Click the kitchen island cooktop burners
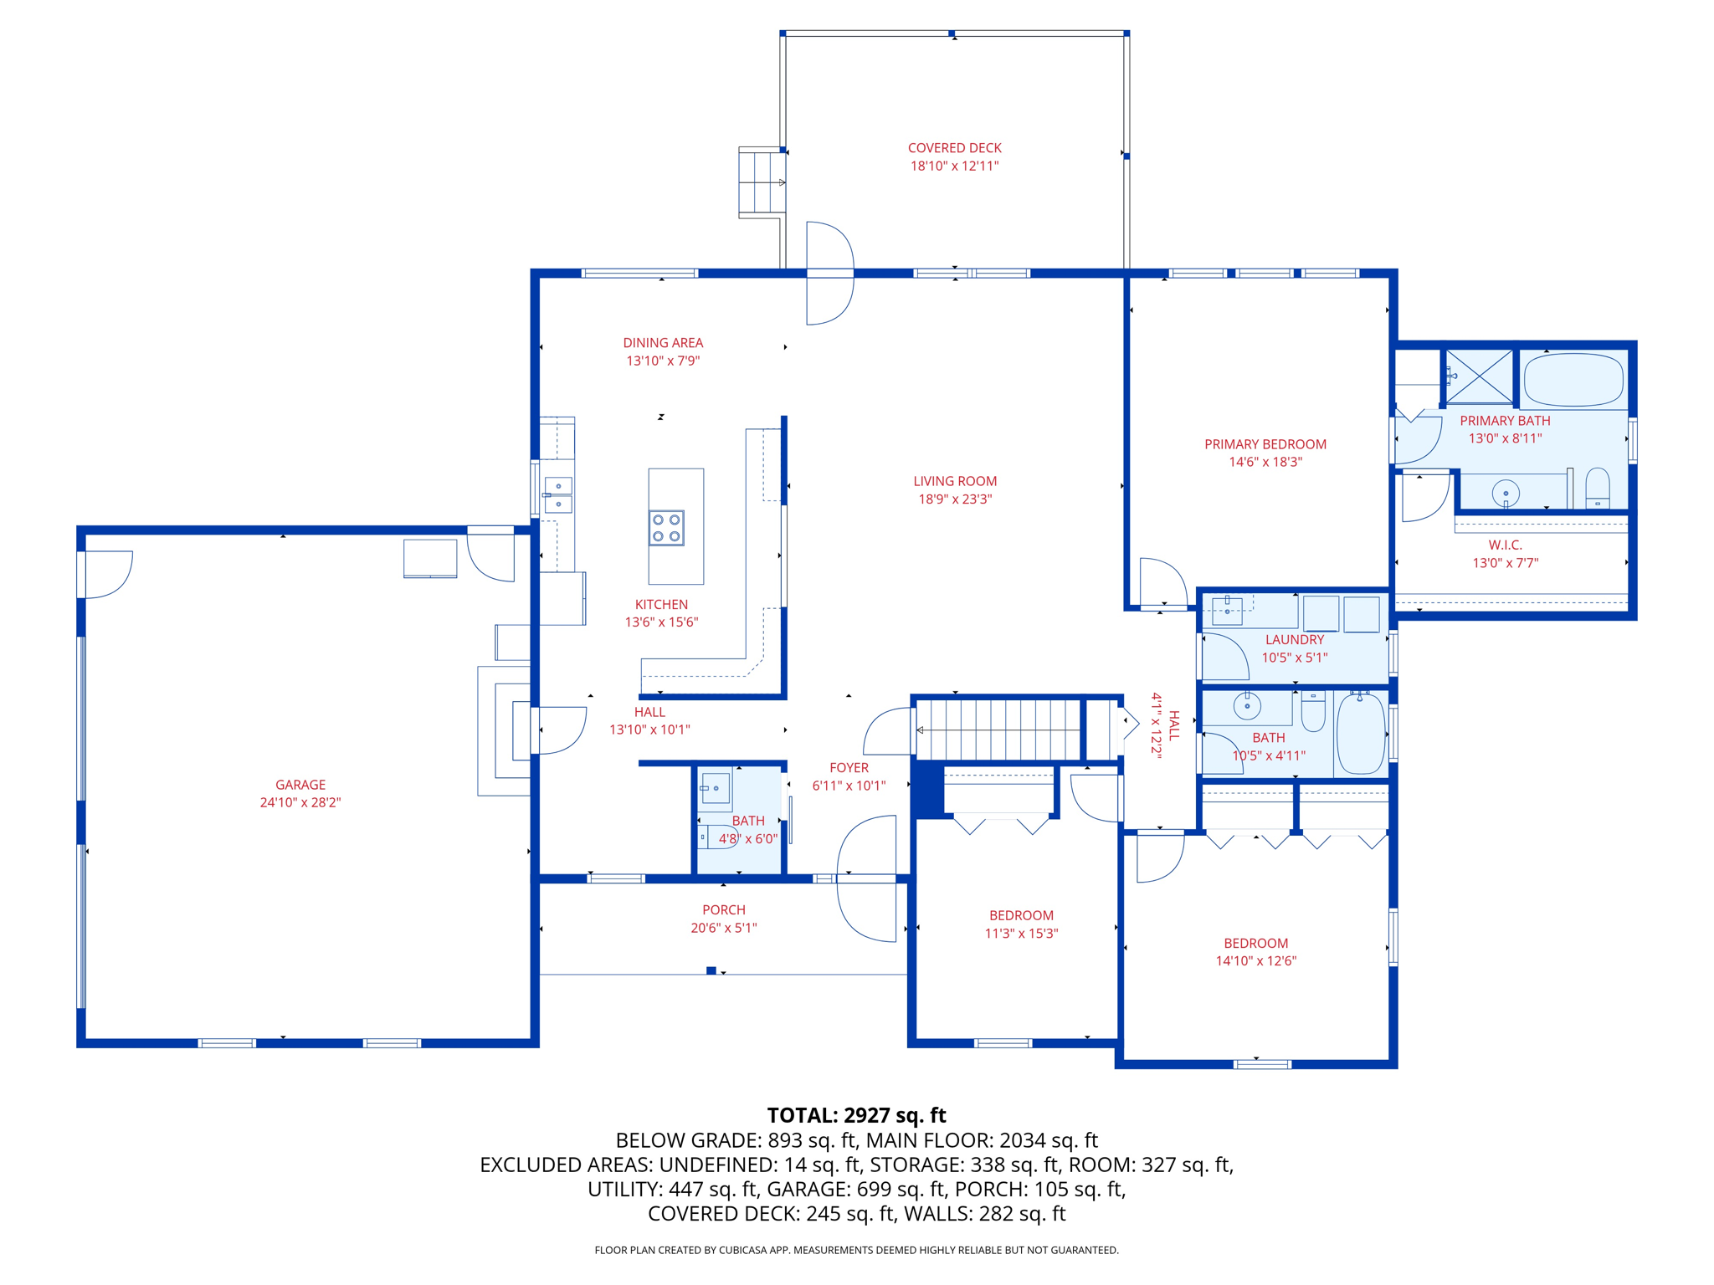[667, 528]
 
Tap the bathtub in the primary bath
[1573, 380]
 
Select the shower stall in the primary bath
[1480, 376]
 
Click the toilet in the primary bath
[1598, 489]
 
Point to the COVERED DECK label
[955, 148]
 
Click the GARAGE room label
[300, 785]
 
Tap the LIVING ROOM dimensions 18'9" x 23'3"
[955, 499]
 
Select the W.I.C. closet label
[1506, 545]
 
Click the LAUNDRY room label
[1295, 640]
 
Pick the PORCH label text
[724, 910]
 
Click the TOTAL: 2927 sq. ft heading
[856, 1115]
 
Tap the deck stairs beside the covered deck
[762, 182]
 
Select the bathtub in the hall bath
[1361, 734]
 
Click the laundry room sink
[1227, 611]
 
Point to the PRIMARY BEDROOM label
[1265, 444]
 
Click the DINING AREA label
[663, 343]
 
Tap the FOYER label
[849, 768]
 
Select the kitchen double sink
[558, 494]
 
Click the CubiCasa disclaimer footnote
[856, 1250]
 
